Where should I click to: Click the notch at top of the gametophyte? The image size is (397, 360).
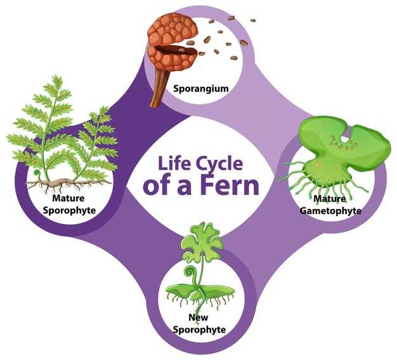click(x=346, y=135)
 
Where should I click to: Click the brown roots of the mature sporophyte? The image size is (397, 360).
click(x=60, y=184)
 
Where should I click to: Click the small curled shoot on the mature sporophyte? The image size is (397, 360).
click(x=39, y=173)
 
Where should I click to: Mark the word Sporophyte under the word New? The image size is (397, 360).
click(x=198, y=330)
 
